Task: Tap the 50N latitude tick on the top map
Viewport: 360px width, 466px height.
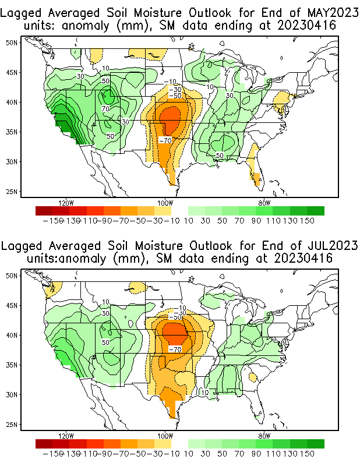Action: [x=12, y=43]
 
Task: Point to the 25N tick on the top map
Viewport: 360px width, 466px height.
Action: [x=12, y=191]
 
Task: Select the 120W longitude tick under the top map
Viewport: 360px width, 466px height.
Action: [x=66, y=203]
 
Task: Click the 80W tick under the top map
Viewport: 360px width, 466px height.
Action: [x=264, y=203]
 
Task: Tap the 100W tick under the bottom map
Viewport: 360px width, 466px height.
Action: [x=165, y=436]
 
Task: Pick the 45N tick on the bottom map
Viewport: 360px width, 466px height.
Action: [x=12, y=305]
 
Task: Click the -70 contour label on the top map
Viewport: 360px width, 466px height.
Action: [x=165, y=140]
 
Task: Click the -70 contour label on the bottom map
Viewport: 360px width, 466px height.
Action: [x=175, y=349]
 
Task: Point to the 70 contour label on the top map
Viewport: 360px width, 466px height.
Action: [x=106, y=108]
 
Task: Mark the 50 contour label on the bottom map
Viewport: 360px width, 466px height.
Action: [x=106, y=343]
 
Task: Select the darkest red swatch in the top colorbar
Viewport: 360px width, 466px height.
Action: [x=43, y=210]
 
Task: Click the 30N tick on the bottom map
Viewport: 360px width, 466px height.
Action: [x=12, y=394]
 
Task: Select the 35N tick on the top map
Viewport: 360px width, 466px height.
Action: [x=12, y=132]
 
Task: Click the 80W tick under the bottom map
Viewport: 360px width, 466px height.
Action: [x=264, y=436]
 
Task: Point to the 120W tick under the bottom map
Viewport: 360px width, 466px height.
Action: [x=66, y=436]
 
